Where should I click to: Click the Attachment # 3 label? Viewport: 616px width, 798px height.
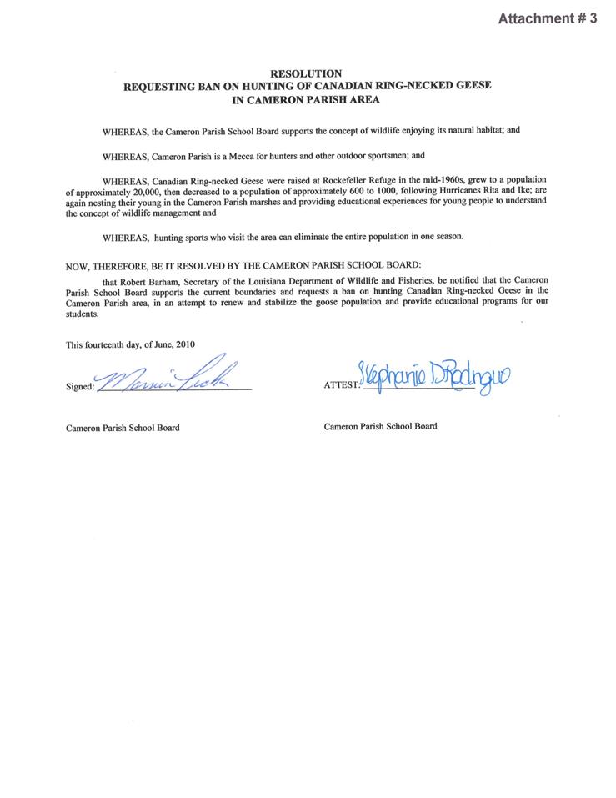(x=547, y=18)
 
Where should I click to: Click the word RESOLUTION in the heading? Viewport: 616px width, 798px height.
(x=307, y=74)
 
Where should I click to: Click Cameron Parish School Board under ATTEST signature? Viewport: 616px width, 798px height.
(x=380, y=426)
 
